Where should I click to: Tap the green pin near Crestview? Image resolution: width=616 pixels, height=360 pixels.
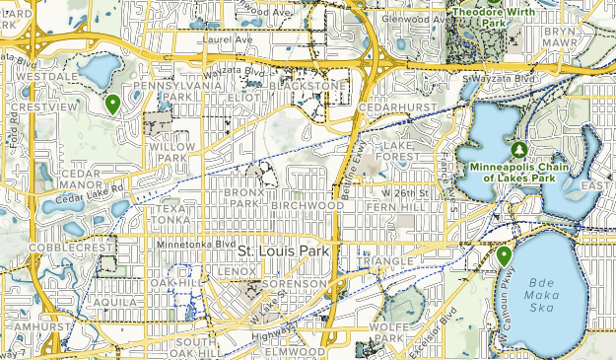tap(113, 104)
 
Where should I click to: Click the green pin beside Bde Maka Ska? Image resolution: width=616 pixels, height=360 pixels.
tap(504, 256)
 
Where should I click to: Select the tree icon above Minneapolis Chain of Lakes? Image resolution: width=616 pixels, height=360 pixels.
tap(518, 150)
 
